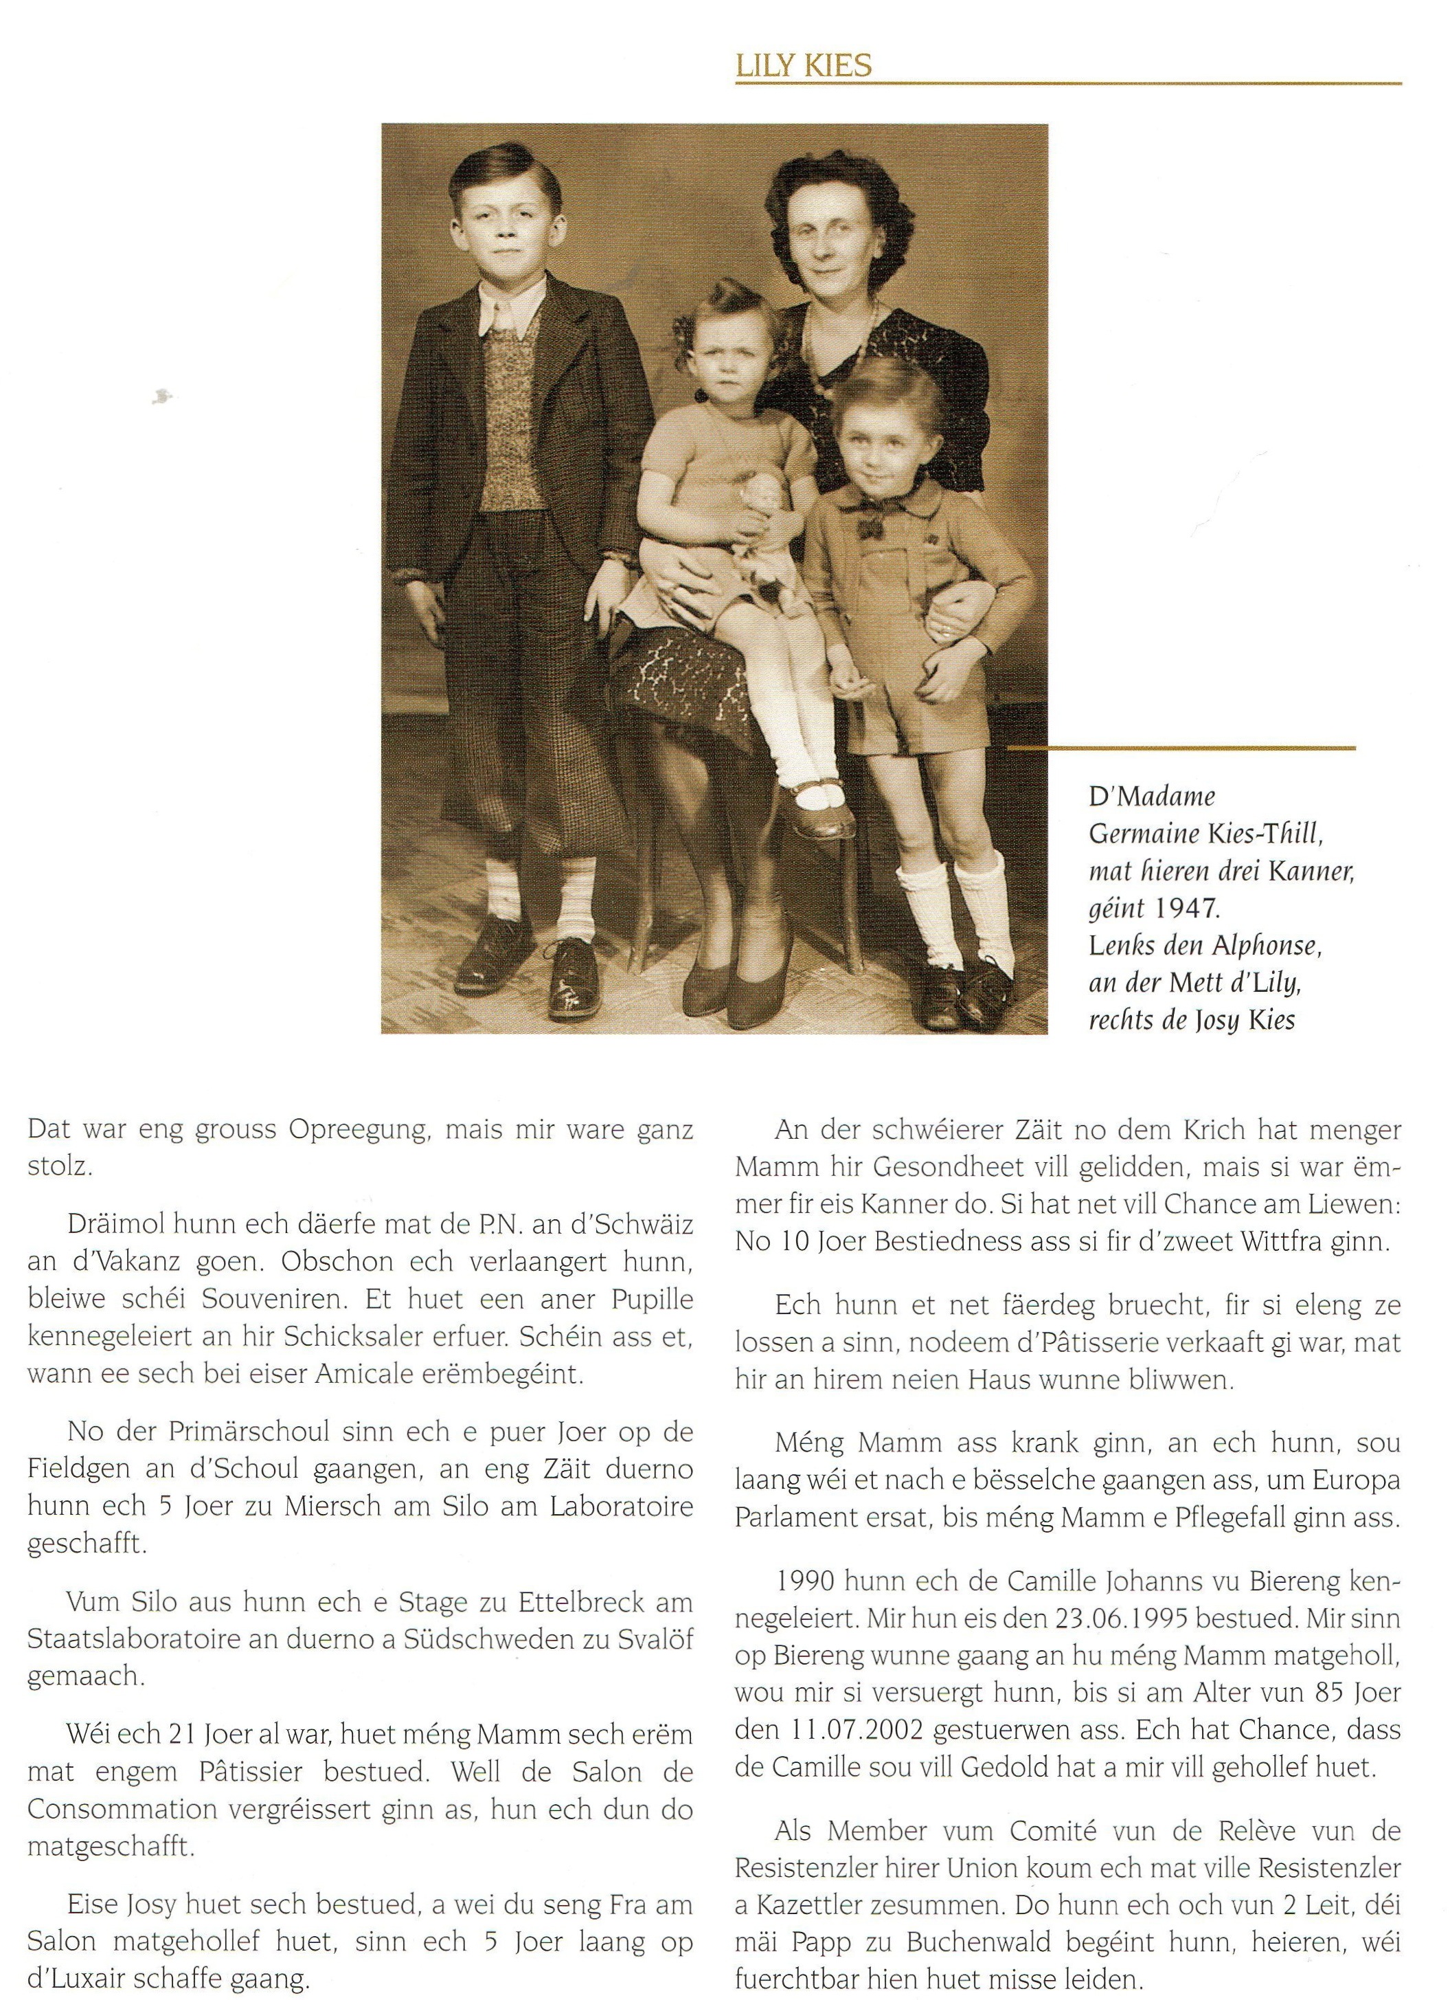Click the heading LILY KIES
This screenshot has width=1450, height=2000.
tap(803, 65)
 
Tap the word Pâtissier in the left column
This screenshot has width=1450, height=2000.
tap(321, 1767)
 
